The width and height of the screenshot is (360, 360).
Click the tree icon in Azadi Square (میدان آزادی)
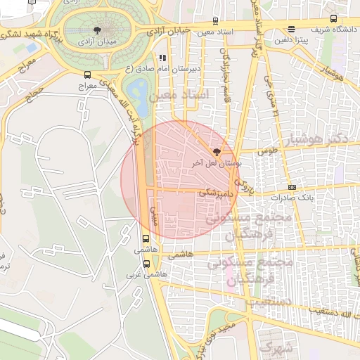[98, 30]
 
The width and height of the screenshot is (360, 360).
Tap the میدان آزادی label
[98, 42]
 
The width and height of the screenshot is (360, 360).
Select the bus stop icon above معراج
[87, 74]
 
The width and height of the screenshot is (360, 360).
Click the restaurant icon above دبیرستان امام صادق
[162, 58]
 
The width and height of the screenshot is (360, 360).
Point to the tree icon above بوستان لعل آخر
[216, 151]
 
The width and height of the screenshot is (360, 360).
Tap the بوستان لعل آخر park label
[217, 162]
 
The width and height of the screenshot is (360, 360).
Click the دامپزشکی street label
[215, 191]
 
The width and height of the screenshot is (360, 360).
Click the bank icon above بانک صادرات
[292, 187]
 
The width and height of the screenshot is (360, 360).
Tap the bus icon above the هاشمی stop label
[146, 238]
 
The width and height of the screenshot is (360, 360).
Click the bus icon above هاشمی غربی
[146, 264]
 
